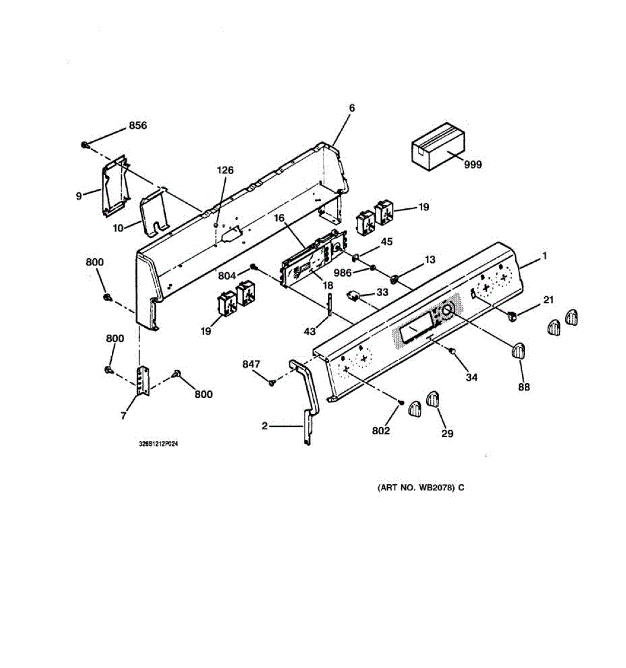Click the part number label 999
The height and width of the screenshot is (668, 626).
tap(473, 165)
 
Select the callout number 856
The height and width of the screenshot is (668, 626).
tap(137, 126)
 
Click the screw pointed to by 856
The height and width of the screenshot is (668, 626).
tap(84, 145)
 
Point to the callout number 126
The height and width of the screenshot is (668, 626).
tap(225, 170)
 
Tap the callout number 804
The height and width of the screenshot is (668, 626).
tap(227, 274)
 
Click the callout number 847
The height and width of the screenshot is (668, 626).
tap(251, 364)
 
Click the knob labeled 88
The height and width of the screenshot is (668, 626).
tap(518, 352)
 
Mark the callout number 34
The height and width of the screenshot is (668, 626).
tap(471, 377)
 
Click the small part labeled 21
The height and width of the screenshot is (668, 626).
tap(512, 317)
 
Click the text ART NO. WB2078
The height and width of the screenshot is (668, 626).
tap(417, 488)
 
